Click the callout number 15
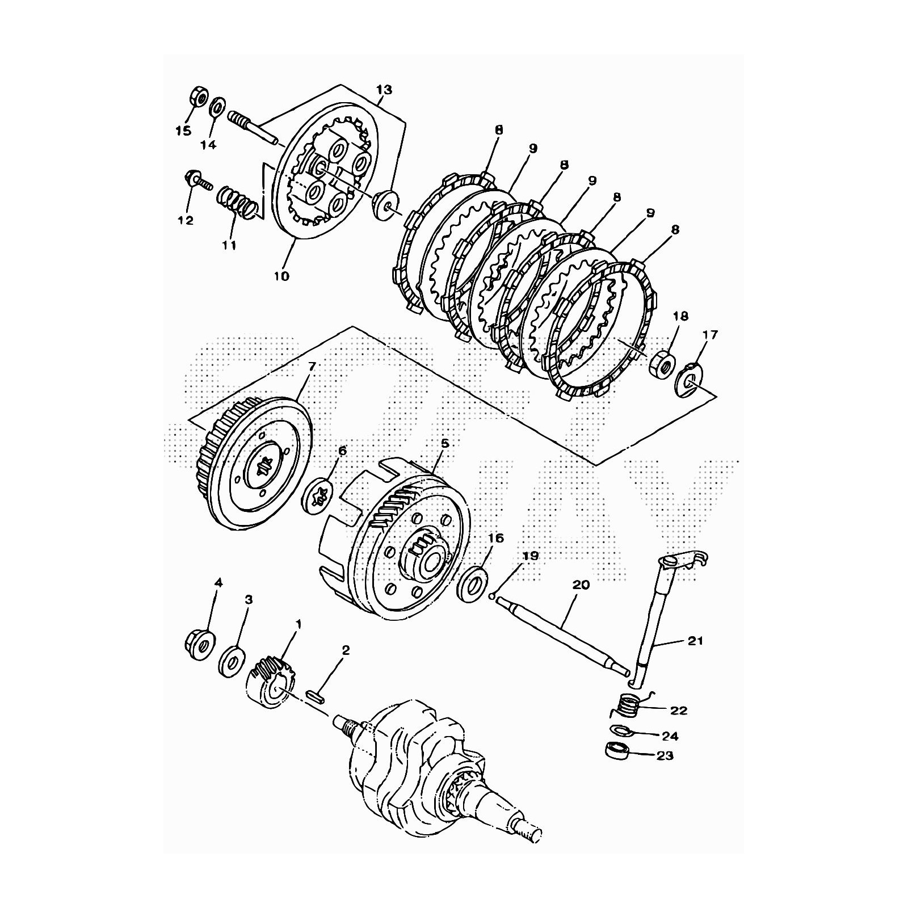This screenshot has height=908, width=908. pyautogui.click(x=183, y=131)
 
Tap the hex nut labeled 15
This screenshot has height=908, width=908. pyautogui.click(x=199, y=96)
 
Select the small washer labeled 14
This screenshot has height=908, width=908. pyautogui.click(x=217, y=106)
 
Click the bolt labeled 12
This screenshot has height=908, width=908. pyautogui.click(x=196, y=180)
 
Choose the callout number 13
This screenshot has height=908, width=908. pyautogui.click(x=384, y=90)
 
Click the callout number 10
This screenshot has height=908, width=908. pyautogui.click(x=281, y=276)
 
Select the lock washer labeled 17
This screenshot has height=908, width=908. pyautogui.click(x=688, y=381)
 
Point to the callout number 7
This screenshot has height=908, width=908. pyautogui.click(x=311, y=366)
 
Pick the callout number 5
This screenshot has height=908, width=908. pyautogui.click(x=444, y=443)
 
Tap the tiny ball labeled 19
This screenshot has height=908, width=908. pyautogui.click(x=492, y=596)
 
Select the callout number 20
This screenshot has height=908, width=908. pyautogui.click(x=582, y=585)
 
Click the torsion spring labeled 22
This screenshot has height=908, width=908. pyautogui.click(x=629, y=705)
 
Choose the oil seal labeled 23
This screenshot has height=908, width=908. pyautogui.click(x=616, y=750)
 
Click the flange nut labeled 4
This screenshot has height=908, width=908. pyautogui.click(x=199, y=644)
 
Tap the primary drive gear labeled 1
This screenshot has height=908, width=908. pyautogui.click(x=274, y=682)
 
